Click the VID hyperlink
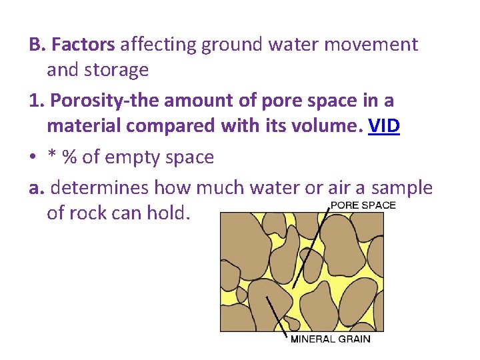point(383,126)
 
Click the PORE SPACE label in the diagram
point(363,205)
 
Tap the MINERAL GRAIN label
point(330,339)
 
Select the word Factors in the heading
point(83,45)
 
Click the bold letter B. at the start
point(37,45)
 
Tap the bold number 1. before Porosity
point(37,101)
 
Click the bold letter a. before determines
point(38,188)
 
